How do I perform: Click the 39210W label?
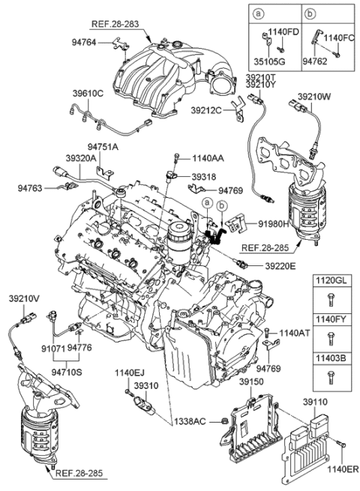pos(314,97)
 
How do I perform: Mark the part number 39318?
pos(202,177)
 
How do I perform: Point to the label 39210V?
pos(24,298)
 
